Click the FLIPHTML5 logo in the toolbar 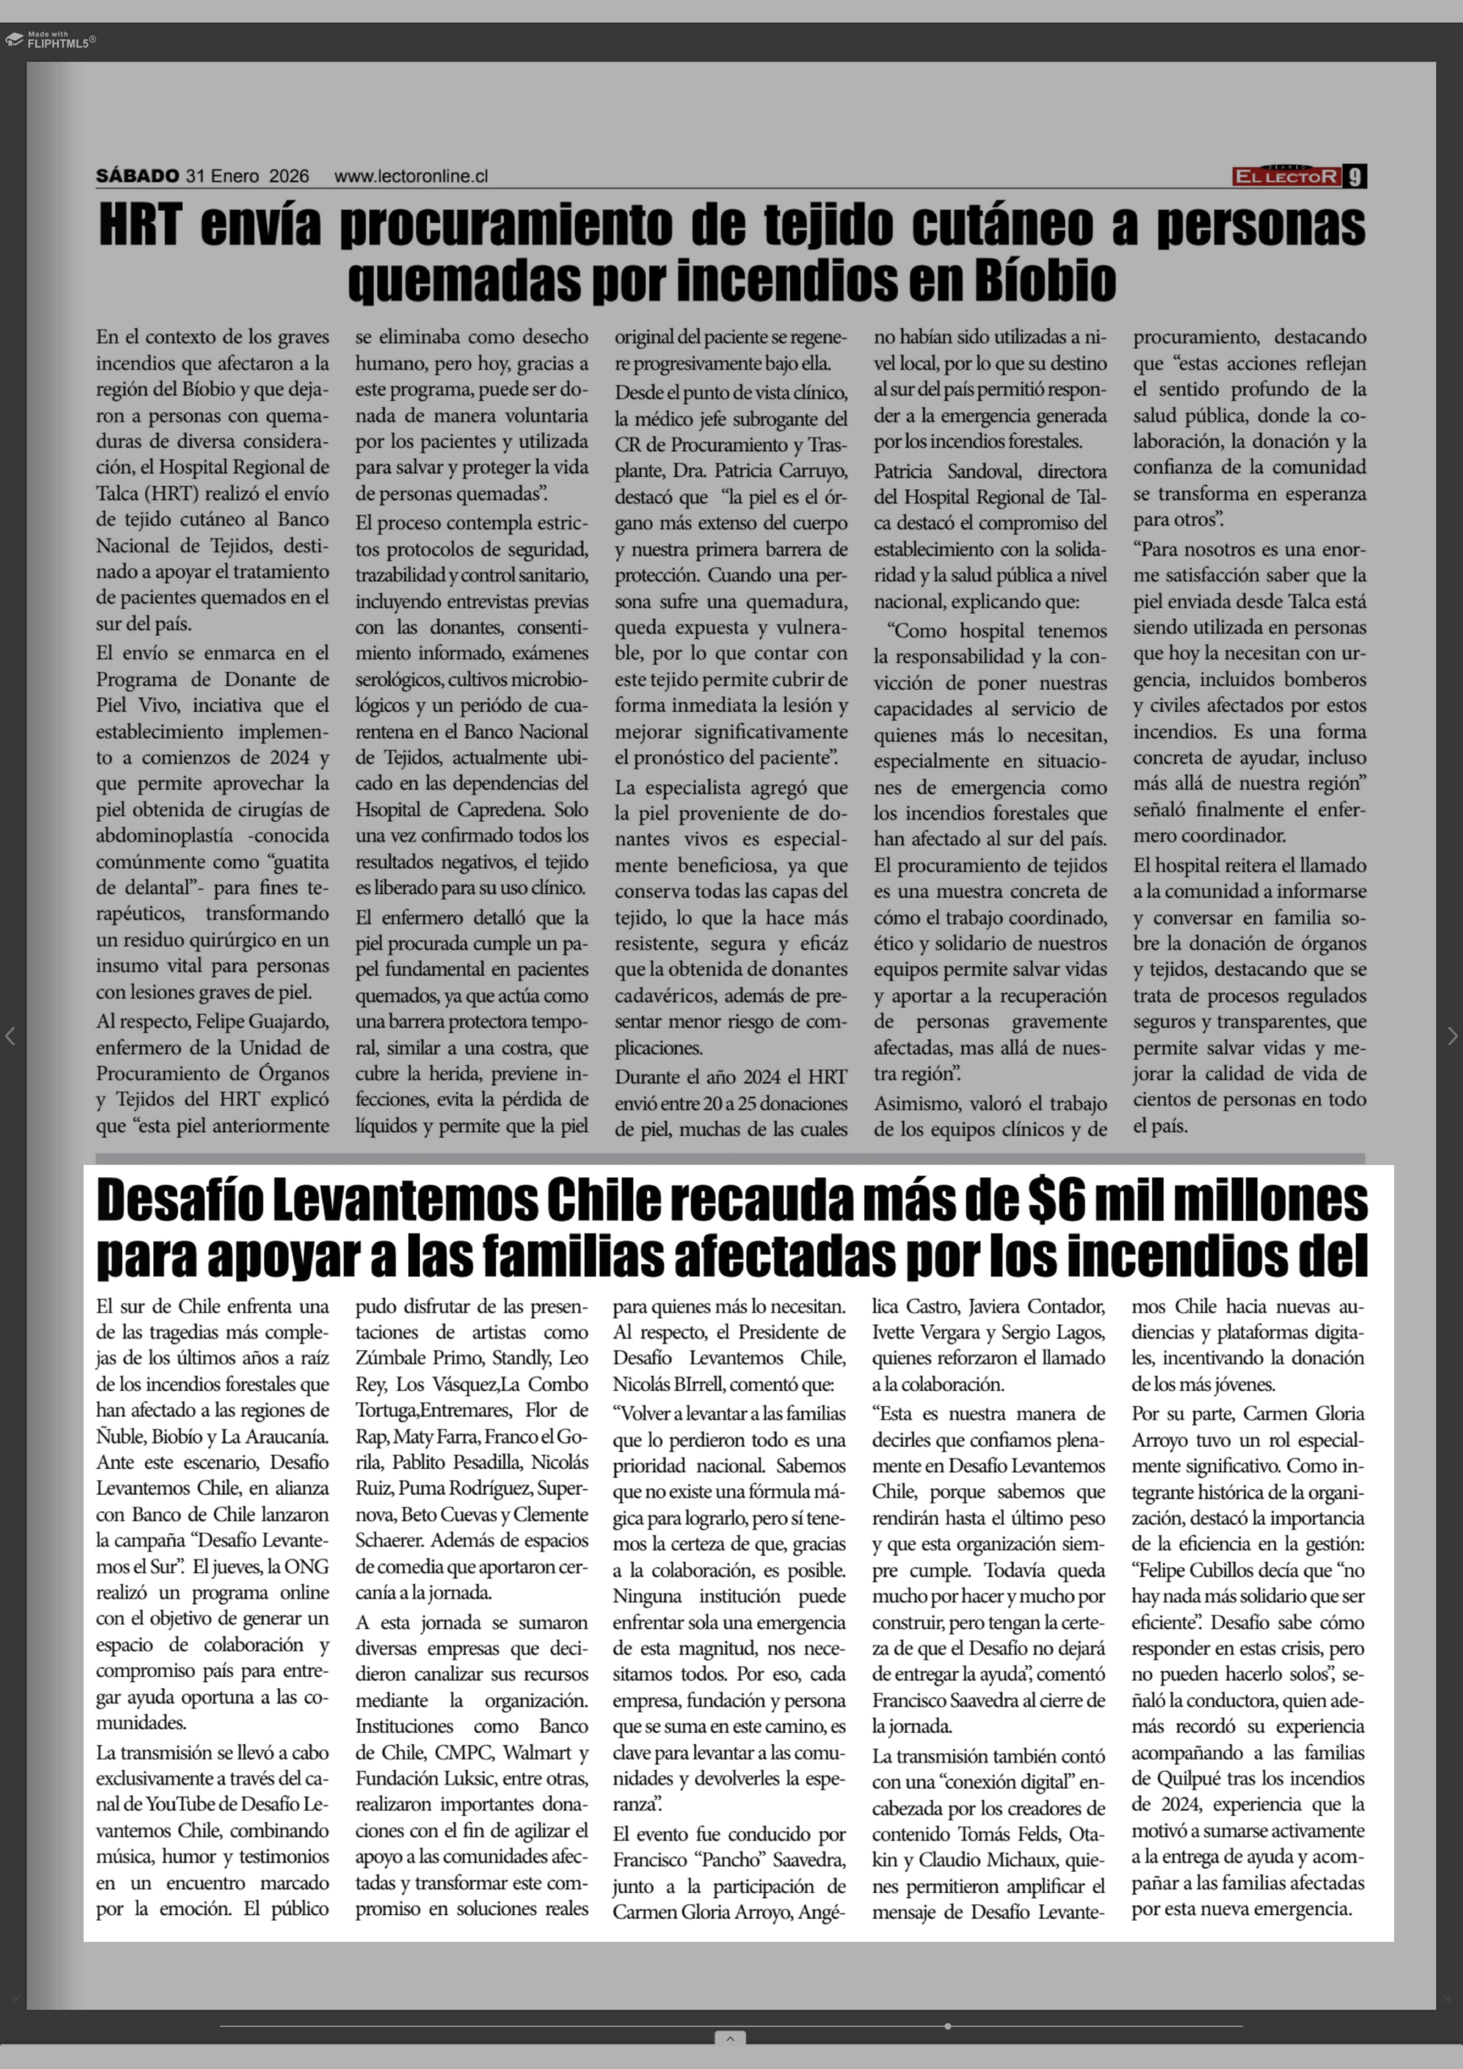[x=50, y=40]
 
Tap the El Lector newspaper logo [x=1286, y=177]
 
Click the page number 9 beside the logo [x=1355, y=177]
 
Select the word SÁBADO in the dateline [x=138, y=176]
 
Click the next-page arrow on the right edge [x=1451, y=1036]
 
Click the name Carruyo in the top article [x=815, y=471]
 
